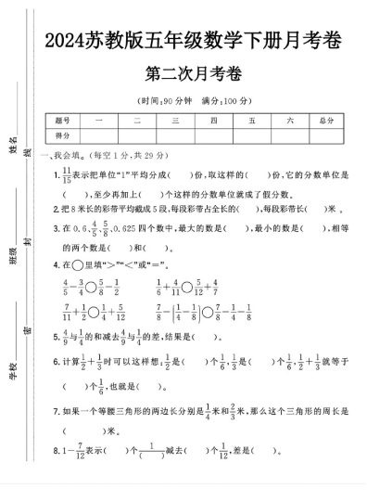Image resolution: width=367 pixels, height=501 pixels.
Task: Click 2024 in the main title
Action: coord(65,42)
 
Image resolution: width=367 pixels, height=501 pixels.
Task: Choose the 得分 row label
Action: coord(63,135)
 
